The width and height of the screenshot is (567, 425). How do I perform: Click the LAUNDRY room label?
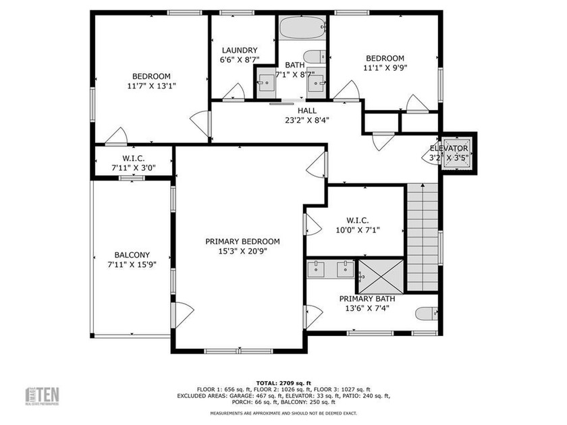(x=239, y=50)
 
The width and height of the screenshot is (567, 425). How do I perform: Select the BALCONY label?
(x=132, y=254)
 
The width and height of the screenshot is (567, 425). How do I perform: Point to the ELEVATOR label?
(x=449, y=148)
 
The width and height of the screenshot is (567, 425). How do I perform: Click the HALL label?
(x=306, y=111)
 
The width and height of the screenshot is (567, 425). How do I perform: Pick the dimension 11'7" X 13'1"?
(x=151, y=86)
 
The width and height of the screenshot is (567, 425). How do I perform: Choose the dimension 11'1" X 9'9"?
(x=385, y=67)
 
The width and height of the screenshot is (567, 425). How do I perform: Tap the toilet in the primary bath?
(x=427, y=313)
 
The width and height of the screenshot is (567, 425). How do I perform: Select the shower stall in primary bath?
(x=380, y=276)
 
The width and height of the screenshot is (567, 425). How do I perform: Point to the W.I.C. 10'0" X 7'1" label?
(x=357, y=225)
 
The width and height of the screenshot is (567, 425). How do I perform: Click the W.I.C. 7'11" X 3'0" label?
(x=132, y=163)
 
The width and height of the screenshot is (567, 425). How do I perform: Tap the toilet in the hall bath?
(x=313, y=56)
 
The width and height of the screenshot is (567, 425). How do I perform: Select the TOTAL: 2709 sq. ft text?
(x=283, y=381)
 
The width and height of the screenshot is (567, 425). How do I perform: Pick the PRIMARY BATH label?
(x=367, y=299)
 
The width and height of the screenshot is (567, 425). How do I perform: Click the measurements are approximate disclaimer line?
(x=283, y=413)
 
